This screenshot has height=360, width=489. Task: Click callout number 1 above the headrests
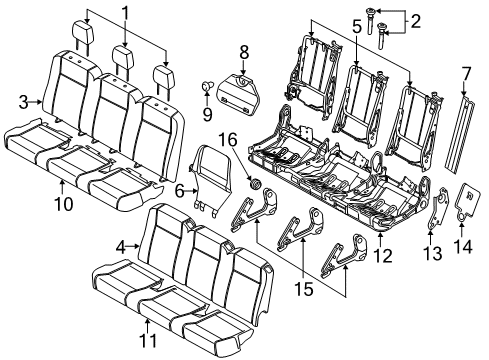[x=125, y=14]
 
